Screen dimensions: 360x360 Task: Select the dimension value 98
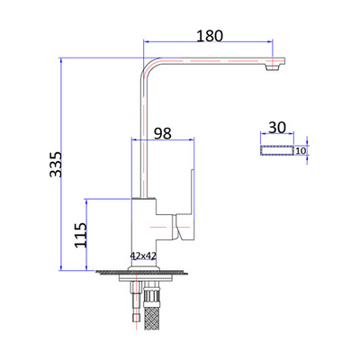point(162,133)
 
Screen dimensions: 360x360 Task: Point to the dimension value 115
point(80,236)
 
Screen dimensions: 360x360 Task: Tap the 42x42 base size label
point(144,256)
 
